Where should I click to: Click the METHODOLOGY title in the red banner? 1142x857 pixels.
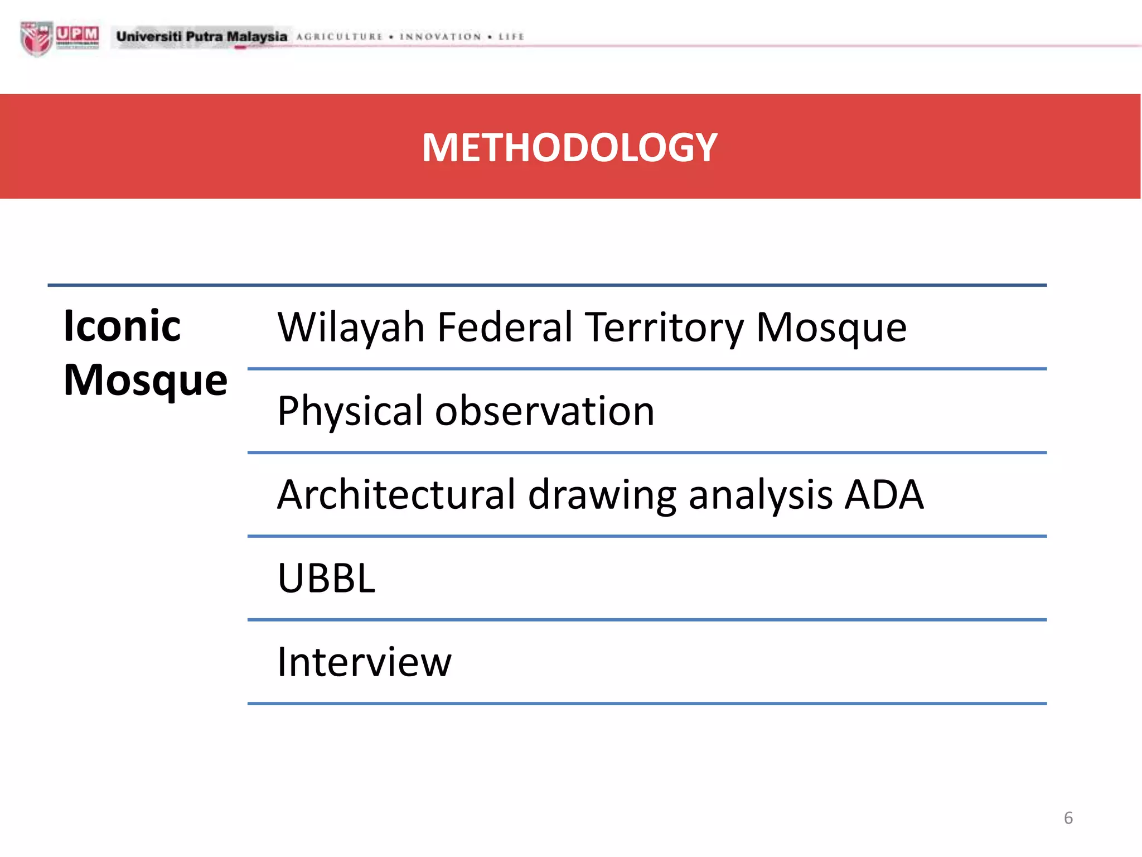[x=569, y=148]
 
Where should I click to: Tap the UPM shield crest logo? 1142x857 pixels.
[x=36, y=38]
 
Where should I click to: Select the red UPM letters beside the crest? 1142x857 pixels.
[x=78, y=35]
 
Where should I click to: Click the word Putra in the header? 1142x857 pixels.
[x=204, y=37]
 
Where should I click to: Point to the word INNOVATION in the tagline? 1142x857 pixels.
[x=441, y=37]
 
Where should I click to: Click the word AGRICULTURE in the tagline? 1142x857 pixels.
[x=340, y=37]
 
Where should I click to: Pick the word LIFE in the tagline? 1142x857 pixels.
[x=511, y=37]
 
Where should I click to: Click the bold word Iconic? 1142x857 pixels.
[x=122, y=326]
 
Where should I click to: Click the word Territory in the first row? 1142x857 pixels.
[x=665, y=328]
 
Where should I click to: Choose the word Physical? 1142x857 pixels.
[x=350, y=412]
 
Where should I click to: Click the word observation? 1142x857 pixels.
[x=545, y=411]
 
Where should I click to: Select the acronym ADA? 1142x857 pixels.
[x=884, y=495]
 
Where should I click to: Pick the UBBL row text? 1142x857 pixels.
[x=327, y=578]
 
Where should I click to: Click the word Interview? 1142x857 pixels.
[x=365, y=662]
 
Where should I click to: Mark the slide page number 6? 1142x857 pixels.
[x=1068, y=818]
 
